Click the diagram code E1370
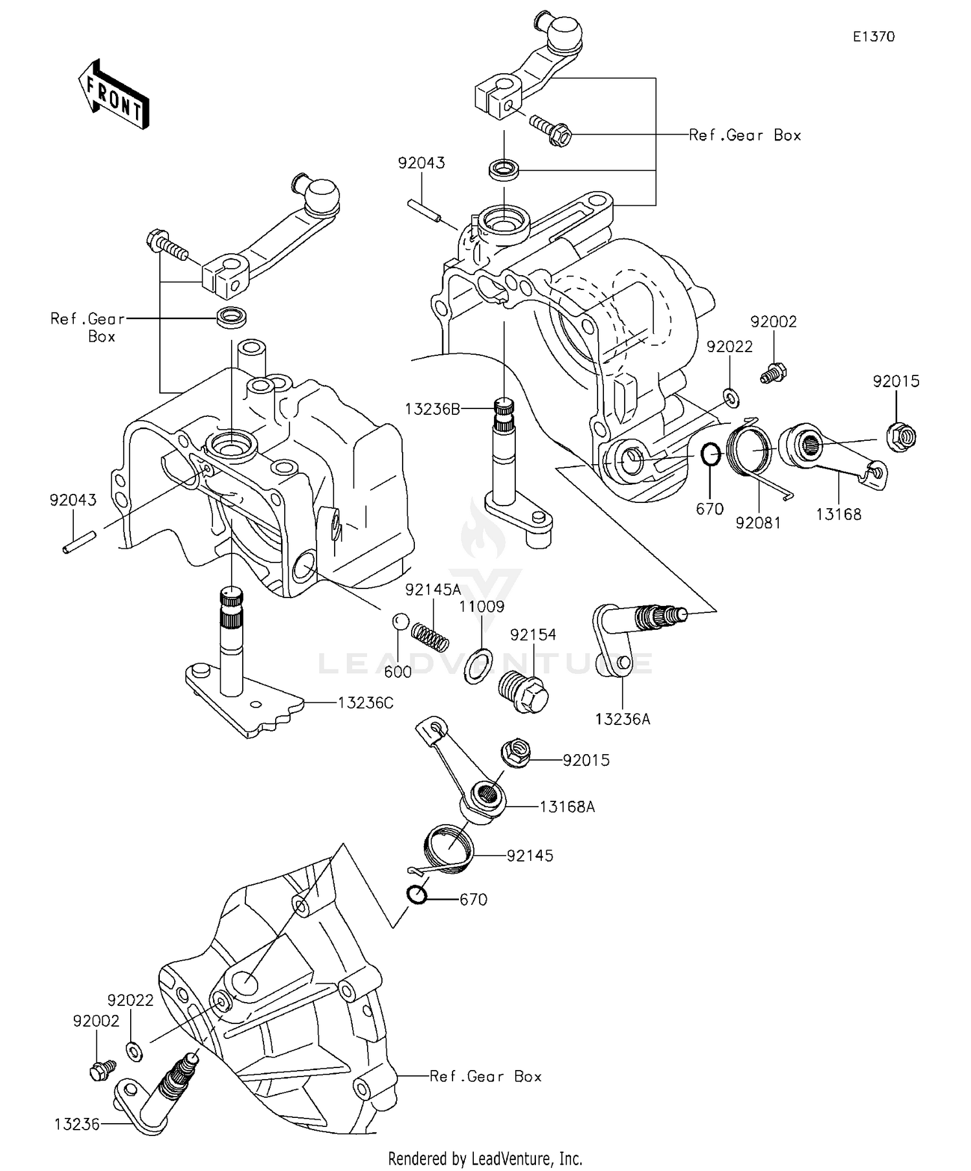873,37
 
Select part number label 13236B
432,409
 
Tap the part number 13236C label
366,703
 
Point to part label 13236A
623,719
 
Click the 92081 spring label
757,523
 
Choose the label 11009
482,607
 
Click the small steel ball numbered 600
400,621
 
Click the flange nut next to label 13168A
515,754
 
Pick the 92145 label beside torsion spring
530,856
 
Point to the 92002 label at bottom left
96,1021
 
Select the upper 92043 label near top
421,163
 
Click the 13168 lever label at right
838,515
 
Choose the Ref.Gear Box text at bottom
485,1076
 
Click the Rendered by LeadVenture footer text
485,1157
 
